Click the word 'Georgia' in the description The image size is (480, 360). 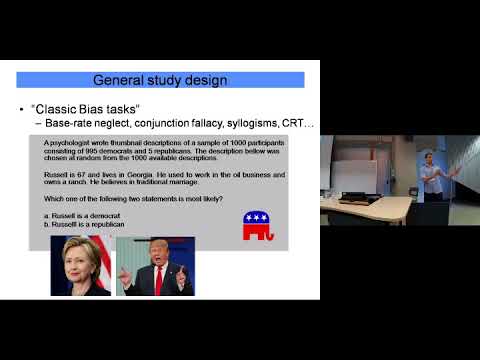tap(112, 171)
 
